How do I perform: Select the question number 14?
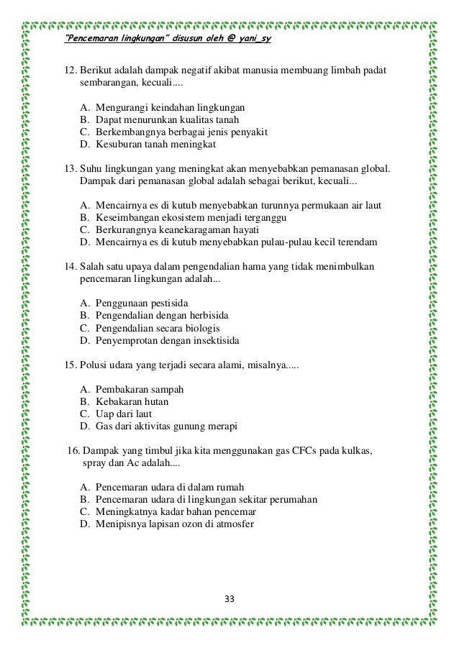coord(70,266)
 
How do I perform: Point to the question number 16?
coord(73,451)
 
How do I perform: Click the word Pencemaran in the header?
coord(94,39)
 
